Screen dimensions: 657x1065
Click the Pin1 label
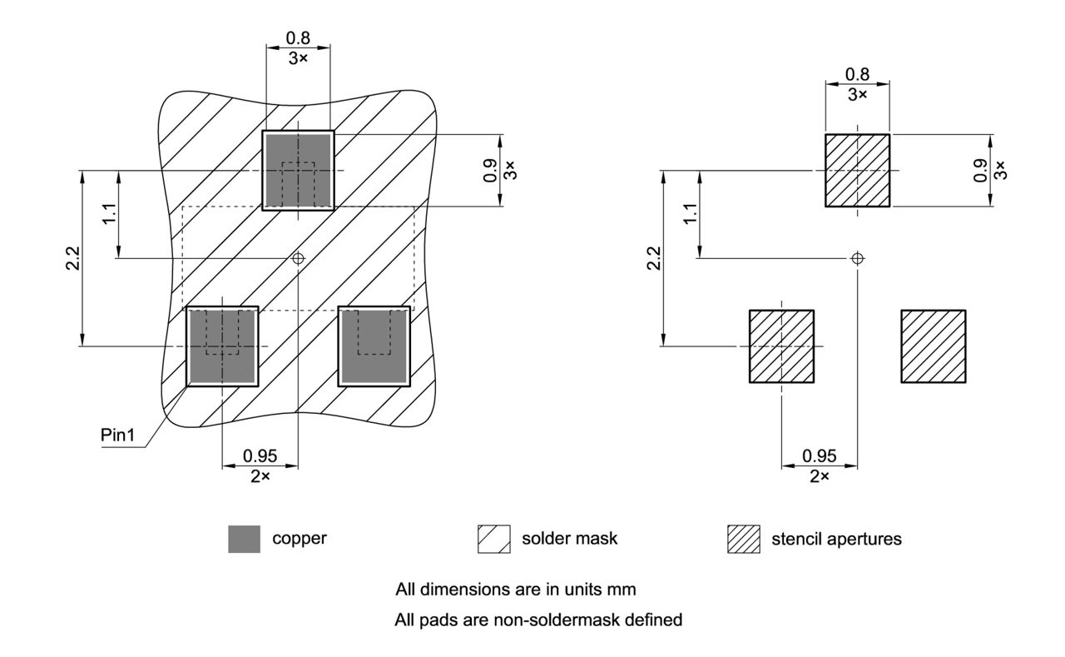tap(117, 436)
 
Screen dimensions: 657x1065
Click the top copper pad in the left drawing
tap(298, 170)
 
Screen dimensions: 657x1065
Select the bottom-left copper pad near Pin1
tap(222, 346)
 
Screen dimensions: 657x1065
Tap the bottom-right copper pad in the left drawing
tap(375, 346)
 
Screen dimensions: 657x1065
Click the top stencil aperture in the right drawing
tap(857, 170)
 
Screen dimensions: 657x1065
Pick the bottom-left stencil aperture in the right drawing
tap(781, 346)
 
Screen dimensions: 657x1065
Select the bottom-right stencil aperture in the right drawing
tap(934, 346)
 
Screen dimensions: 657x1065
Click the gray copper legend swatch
tap(244, 539)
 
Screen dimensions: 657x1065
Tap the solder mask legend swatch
tap(493, 539)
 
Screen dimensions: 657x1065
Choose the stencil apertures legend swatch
tap(744, 539)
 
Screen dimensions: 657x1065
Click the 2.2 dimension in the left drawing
tap(73, 258)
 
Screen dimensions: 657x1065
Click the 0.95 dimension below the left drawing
tap(260, 456)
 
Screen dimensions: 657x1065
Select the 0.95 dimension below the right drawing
tap(820, 456)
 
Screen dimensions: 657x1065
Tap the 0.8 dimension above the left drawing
tap(298, 38)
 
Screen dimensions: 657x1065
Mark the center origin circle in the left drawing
tap(298, 258)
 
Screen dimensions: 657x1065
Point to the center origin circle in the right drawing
tap(857, 258)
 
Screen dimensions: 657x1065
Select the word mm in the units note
tap(622, 590)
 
